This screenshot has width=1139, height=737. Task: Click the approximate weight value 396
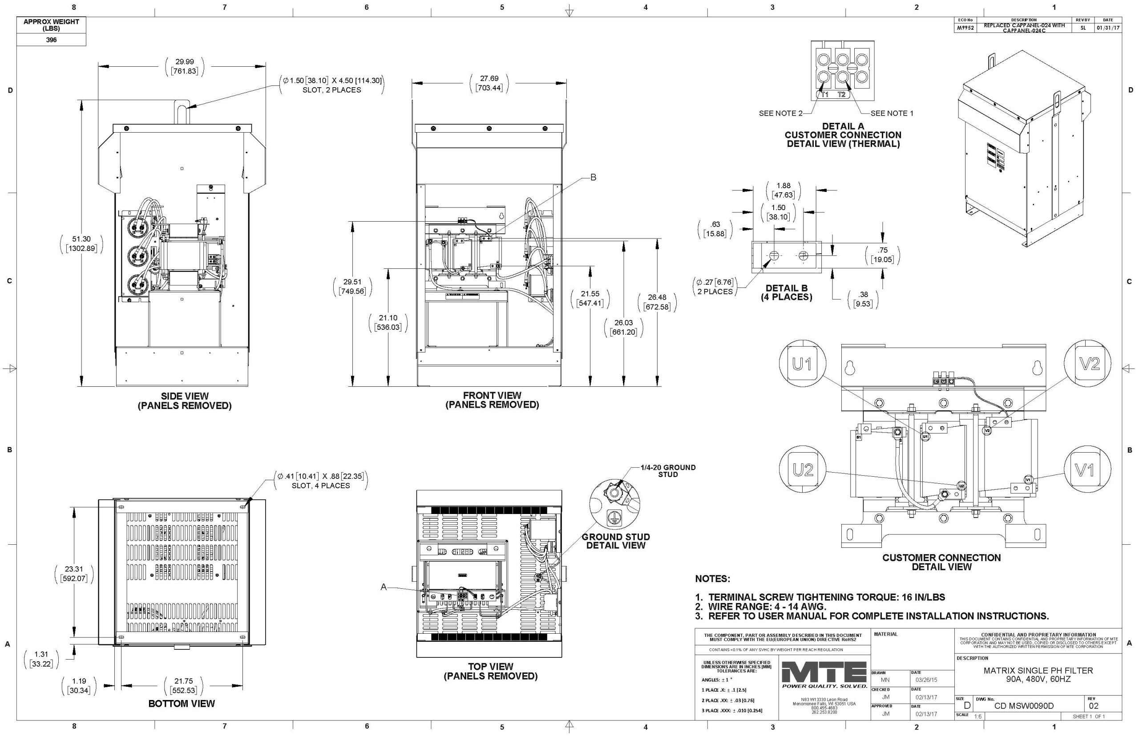pyautogui.click(x=51, y=40)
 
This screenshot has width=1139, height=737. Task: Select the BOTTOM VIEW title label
pyautogui.click(x=182, y=704)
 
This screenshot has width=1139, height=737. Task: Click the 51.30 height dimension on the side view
pyautogui.click(x=81, y=243)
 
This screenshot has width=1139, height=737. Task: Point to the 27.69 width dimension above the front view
pyautogui.click(x=489, y=83)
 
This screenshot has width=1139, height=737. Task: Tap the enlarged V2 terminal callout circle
pyautogui.click(x=1086, y=364)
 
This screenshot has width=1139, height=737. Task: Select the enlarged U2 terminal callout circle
pyautogui.click(x=802, y=470)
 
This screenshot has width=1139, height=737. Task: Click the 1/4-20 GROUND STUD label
pyautogui.click(x=668, y=471)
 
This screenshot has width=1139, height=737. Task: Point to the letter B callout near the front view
pyautogui.click(x=593, y=178)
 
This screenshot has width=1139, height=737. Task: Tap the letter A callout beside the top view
pyautogui.click(x=383, y=587)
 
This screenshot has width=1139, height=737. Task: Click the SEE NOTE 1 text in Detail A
pyautogui.click(x=892, y=113)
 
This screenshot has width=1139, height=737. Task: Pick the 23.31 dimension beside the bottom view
pyautogui.click(x=74, y=573)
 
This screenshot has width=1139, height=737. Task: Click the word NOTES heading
pyautogui.click(x=712, y=579)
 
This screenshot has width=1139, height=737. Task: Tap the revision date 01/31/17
pyautogui.click(x=1108, y=28)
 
